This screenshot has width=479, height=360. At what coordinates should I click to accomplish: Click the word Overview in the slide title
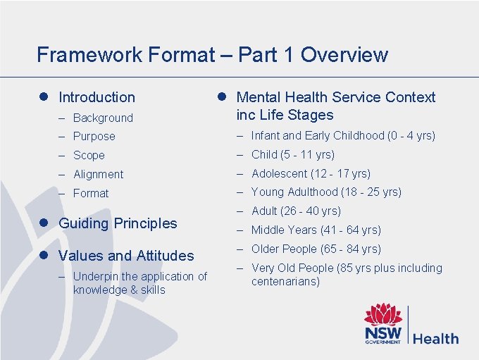[348, 54]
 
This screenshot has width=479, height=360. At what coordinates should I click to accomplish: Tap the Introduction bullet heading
[97, 97]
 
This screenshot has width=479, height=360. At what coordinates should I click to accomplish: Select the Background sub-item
[103, 118]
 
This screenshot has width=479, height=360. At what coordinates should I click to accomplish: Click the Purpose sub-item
[94, 136]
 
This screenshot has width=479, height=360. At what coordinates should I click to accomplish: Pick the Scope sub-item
[89, 155]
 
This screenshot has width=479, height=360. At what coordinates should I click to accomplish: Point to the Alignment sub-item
[98, 174]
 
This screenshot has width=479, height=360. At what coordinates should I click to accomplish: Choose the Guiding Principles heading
[118, 223]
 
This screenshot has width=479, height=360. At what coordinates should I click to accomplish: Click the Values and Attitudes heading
[126, 256]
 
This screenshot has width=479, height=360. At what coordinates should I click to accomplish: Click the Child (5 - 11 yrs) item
[292, 154]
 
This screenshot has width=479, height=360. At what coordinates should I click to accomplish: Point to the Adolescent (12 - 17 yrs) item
[311, 173]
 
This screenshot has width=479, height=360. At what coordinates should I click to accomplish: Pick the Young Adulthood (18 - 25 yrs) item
[326, 192]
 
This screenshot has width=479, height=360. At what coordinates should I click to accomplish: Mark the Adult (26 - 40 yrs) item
[296, 211]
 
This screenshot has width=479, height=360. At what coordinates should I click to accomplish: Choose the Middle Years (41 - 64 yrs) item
[316, 230]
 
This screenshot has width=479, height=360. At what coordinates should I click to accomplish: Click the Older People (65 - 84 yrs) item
[316, 249]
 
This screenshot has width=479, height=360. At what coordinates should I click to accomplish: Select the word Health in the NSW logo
[435, 338]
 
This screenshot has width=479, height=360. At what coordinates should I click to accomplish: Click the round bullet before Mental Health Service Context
[220, 97]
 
